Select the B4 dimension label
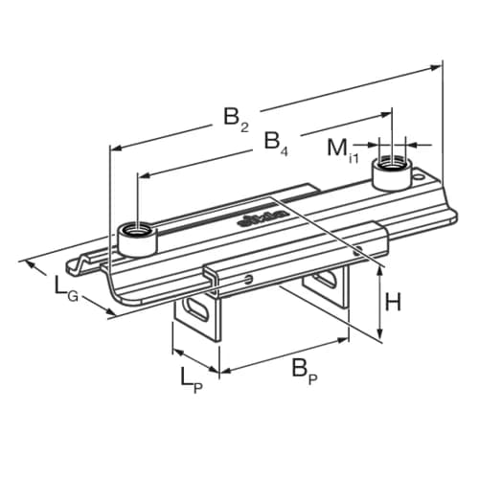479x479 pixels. tap(274, 144)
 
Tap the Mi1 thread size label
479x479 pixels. tap(341, 149)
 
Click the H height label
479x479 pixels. tap(394, 302)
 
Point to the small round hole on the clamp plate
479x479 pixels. tap(250, 279)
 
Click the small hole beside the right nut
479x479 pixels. tap(418, 178)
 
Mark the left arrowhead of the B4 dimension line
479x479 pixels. tap(143, 175)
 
